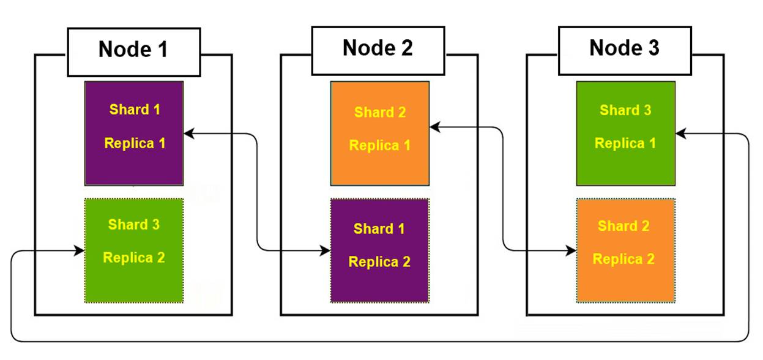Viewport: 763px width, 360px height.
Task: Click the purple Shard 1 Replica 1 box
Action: pos(134,133)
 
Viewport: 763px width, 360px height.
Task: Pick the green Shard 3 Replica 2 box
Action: pos(134,250)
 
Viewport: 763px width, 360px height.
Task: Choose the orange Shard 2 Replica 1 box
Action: pos(380,133)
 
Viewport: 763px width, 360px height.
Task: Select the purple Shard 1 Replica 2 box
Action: pos(379,250)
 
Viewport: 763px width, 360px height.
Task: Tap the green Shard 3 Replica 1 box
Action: pos(625,133)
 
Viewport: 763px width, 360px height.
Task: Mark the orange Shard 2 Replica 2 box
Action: pos(625,250)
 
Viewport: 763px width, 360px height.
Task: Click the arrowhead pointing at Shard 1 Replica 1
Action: pos(189,133)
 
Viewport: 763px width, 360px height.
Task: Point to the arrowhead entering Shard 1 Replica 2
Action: pos(326,250)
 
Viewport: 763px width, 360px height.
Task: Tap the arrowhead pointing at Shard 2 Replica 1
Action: pos(434,127)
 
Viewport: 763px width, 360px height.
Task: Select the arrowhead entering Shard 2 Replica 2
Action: pos(571,250)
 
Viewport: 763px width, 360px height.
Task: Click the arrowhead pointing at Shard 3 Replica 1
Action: pos(680,133)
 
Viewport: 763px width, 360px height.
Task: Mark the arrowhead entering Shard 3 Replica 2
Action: pos(80,250)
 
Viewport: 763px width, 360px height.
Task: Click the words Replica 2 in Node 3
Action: pos(623,259)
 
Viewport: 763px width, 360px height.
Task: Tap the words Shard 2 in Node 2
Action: pos(380,113)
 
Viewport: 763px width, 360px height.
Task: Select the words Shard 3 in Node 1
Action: pos(134,225)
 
